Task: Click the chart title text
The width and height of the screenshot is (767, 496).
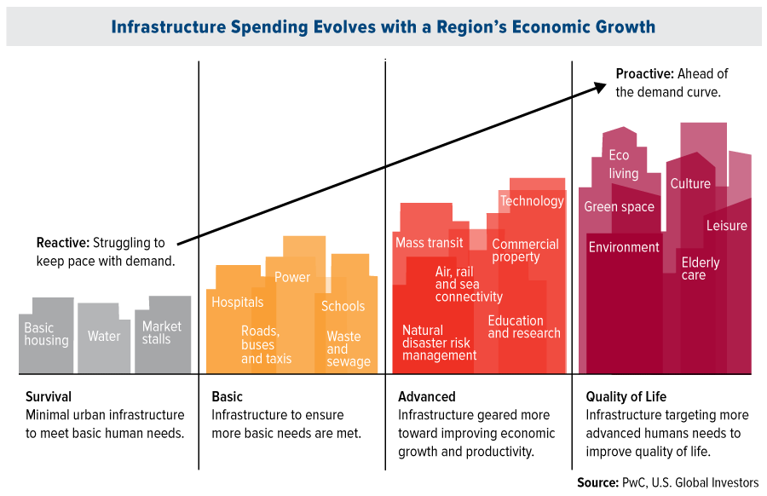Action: (383, 27)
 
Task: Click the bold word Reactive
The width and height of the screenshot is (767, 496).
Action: (62, 243)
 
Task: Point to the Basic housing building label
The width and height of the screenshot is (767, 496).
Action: (46, 334)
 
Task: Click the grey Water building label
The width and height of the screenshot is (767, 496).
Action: (104, 337)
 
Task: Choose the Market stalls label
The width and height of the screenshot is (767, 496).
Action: (162, 332)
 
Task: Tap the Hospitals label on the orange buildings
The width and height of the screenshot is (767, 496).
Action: (238, 302)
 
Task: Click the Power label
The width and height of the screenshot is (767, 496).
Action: (292, 277)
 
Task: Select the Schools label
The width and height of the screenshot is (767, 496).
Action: (343, 306)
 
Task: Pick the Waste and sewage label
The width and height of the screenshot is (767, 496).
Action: (349, 349)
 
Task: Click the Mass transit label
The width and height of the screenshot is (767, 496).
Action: (430, 243)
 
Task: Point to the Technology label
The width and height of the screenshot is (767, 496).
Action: (532, 201)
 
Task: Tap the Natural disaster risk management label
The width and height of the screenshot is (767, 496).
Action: (439, 343)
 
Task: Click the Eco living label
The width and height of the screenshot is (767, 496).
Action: (623, 164)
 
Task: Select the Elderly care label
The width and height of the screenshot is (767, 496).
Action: (700, 268)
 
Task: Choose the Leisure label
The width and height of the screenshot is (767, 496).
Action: (726, 226)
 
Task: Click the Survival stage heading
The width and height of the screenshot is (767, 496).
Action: (49, 396)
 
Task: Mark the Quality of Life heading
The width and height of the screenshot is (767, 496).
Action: (626, 396)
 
